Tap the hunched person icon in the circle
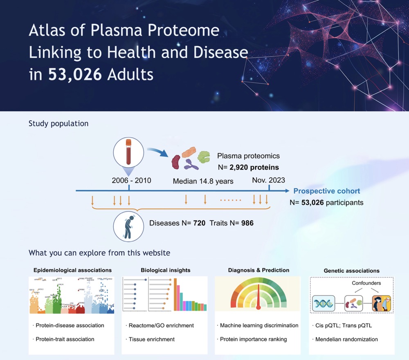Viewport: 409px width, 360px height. (128, 226)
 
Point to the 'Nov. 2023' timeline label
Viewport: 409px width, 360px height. (269, 180)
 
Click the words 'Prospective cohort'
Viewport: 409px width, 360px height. (327, 191)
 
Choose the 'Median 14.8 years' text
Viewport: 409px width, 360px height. (203, 181)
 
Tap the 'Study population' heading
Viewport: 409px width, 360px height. (58, 123)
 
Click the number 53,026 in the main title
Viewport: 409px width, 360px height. (75, 74)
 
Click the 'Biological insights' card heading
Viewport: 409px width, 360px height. (166, 270)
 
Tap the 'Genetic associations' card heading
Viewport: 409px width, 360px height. (351, 271)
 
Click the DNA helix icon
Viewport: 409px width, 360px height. (324, 304)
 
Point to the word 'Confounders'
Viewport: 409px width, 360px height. (366, 283)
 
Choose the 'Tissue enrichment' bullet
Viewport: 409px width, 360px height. (151, 339)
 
